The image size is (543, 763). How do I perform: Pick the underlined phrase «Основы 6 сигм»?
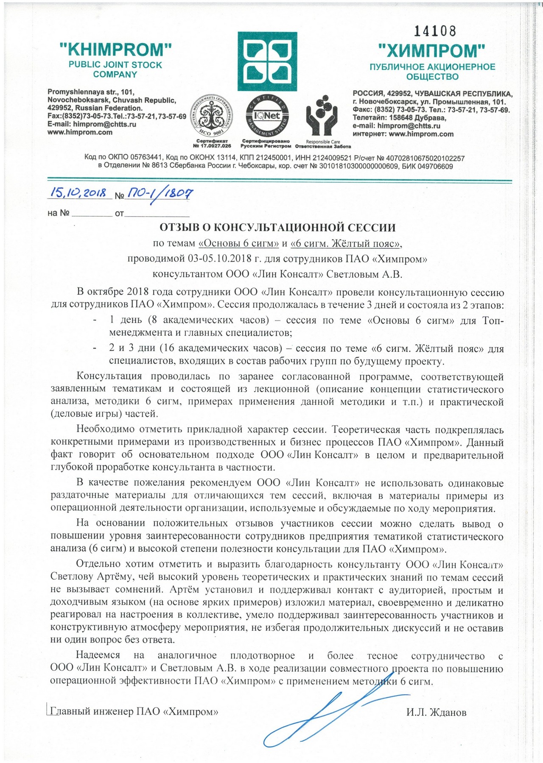pyautogui.click(x=239, y=244)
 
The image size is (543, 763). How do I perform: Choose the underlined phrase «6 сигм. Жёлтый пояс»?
pyautogui.click(x=346, y=244)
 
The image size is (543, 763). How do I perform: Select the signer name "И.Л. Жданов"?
pyautogui.click(x=436, y=712)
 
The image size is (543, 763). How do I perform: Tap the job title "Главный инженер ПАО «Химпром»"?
pyautogui.click(x=134, y=712)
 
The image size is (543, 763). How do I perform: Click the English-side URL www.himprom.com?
pyautogui.click(x=80, y=132)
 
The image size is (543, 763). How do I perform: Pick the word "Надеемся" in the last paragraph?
pyautogui.click(x=98, y=656)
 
